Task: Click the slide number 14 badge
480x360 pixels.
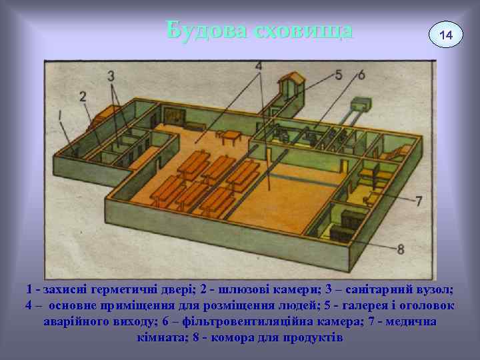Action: click(x=445, y=34)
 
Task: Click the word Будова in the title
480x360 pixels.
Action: click(x=202, y=30)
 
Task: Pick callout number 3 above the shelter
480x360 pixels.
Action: click(x=111, y=75)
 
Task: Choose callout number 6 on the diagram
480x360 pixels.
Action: click(x=361, y=75)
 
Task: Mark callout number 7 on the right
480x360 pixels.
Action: click(x=418, y=201)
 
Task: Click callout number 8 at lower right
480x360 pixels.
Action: click(x=401, y=250)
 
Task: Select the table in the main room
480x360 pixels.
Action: click(x=228, y=137)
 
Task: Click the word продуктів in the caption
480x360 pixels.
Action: click(x=310, y=337)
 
